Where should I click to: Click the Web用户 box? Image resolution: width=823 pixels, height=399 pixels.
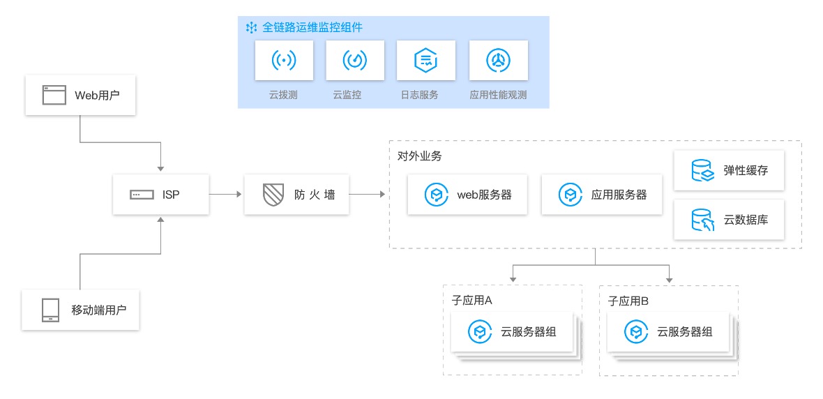[80, 96]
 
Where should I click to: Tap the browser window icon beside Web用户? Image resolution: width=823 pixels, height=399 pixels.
[54, 96]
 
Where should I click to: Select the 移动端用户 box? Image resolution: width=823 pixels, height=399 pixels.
[80, 310]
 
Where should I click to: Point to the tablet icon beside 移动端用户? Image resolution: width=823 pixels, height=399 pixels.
[50, 310]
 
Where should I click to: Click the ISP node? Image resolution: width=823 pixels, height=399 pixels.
[161, 195]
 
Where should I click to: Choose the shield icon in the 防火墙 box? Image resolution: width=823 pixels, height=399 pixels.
[272, 195]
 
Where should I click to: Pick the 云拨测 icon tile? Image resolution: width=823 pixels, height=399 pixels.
[283, 61]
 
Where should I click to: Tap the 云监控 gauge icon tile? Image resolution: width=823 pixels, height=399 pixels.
[354, 61]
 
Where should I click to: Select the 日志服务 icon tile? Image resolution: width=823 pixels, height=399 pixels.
[425, 61]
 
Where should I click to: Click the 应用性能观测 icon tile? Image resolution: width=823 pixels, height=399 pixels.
[498, 61]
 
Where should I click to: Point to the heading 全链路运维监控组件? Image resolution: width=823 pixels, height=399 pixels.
[312, 27]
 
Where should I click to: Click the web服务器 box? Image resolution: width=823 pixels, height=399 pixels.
[468, 195]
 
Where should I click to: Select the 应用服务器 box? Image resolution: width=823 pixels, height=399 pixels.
[602, 195]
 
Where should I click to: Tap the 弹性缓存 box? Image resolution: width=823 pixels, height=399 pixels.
[729, 170]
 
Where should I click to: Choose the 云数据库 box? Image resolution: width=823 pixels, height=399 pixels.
[729, 220]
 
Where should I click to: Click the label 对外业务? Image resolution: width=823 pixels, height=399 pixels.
[415, 156]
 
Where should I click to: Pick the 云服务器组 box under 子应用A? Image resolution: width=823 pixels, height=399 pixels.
[513, 332]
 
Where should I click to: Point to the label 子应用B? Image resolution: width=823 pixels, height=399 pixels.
[628, 301]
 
